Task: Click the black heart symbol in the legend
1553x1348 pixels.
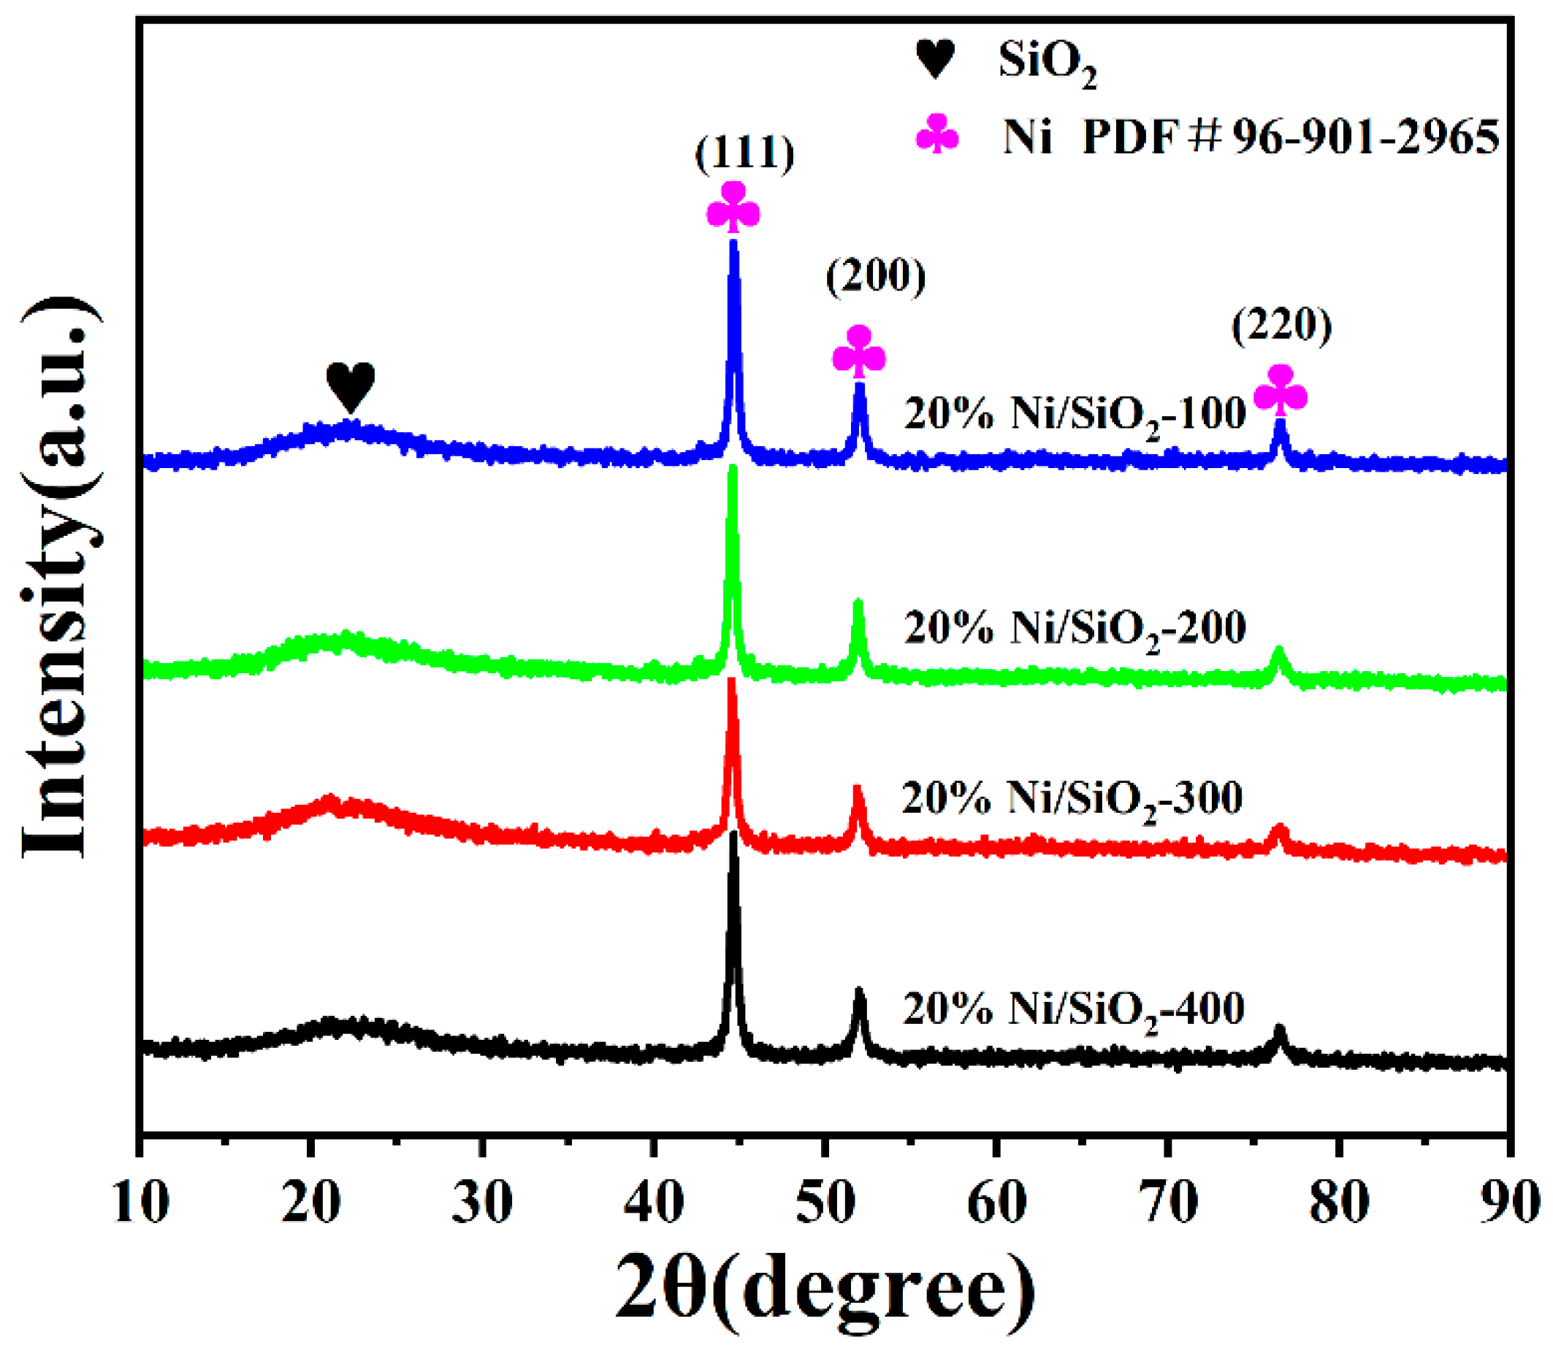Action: [x=935, y=58]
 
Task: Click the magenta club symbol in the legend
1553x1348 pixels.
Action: [x=937, y=134]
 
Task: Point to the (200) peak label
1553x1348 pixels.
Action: [x=875, y=276]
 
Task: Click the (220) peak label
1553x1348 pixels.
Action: [x=1281, y=325]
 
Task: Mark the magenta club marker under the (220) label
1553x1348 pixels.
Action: [x=1280, y=390]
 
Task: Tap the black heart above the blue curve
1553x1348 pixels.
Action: [x=351, y=386]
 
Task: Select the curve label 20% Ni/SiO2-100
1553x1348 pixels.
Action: [x=1075, y=415]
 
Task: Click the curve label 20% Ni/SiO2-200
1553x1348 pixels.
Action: [x=1075, y=628]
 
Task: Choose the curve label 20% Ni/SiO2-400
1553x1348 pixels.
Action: [x=1073, y=1009]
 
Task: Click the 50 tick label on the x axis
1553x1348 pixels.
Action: [x=825, y=1203]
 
